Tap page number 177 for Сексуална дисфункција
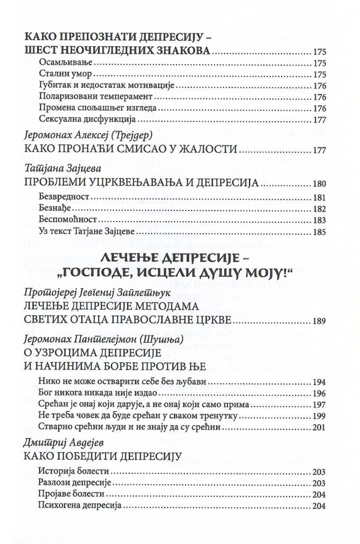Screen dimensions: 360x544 pos(320,120)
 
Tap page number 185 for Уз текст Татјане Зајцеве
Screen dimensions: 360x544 pos(320,232)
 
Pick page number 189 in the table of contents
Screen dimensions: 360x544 pos(320,321)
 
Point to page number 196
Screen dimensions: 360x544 pos(320,393)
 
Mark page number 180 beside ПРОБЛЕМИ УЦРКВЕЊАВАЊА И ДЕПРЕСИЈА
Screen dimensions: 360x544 pos(320,184)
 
